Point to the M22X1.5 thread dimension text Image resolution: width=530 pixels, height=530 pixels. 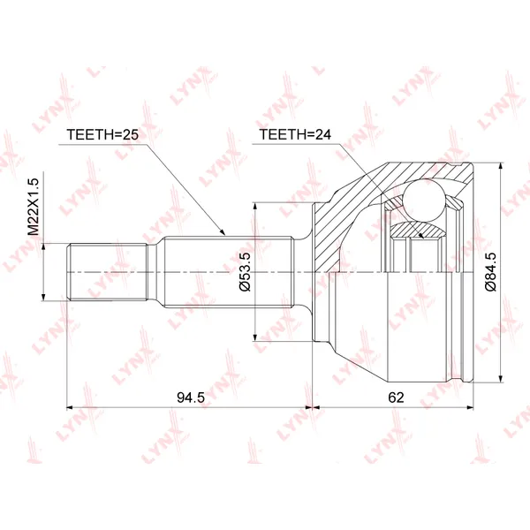click(x=34, y=204)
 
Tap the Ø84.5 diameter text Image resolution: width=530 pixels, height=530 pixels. click(x=488, y=272)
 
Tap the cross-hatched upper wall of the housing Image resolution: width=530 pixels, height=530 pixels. click(x=353, y=208)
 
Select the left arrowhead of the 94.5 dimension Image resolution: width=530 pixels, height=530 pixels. click(x=72, y=408)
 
